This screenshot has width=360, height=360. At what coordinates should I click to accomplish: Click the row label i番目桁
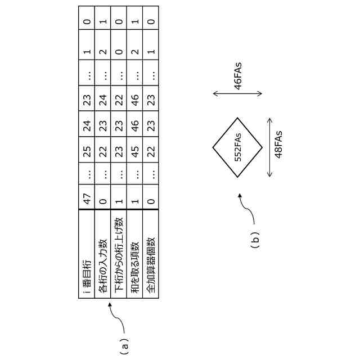pos(87,276)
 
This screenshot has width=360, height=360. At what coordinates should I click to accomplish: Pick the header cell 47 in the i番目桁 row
pos(87,197)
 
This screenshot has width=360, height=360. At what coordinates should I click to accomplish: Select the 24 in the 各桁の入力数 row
pos(103,99)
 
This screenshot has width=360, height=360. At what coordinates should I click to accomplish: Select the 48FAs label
pos(279,147)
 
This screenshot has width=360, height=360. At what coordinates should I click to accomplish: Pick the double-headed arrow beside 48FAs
pos(270,147)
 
